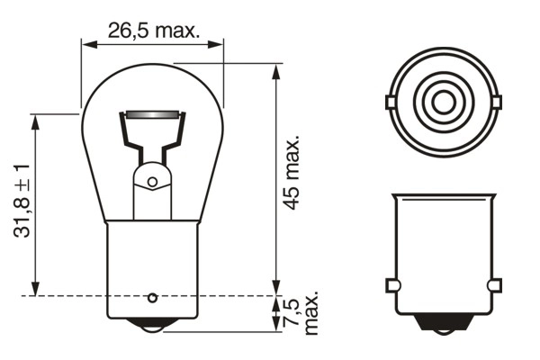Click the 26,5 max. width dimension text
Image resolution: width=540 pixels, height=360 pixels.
(152, 29)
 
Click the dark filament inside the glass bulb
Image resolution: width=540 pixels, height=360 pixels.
(152, 115)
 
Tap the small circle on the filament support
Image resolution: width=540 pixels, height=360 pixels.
(152, 183)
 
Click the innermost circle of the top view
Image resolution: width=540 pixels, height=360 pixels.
(443, 102)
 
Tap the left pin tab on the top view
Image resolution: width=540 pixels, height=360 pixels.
(391, 102)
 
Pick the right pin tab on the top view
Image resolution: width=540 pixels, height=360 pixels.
(495, 102)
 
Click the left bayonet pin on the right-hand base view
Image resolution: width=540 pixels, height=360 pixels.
(391, 285)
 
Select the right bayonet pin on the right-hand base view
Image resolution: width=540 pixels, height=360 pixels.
(493, 285)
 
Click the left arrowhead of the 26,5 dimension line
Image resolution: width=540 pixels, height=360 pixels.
(86, 41)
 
